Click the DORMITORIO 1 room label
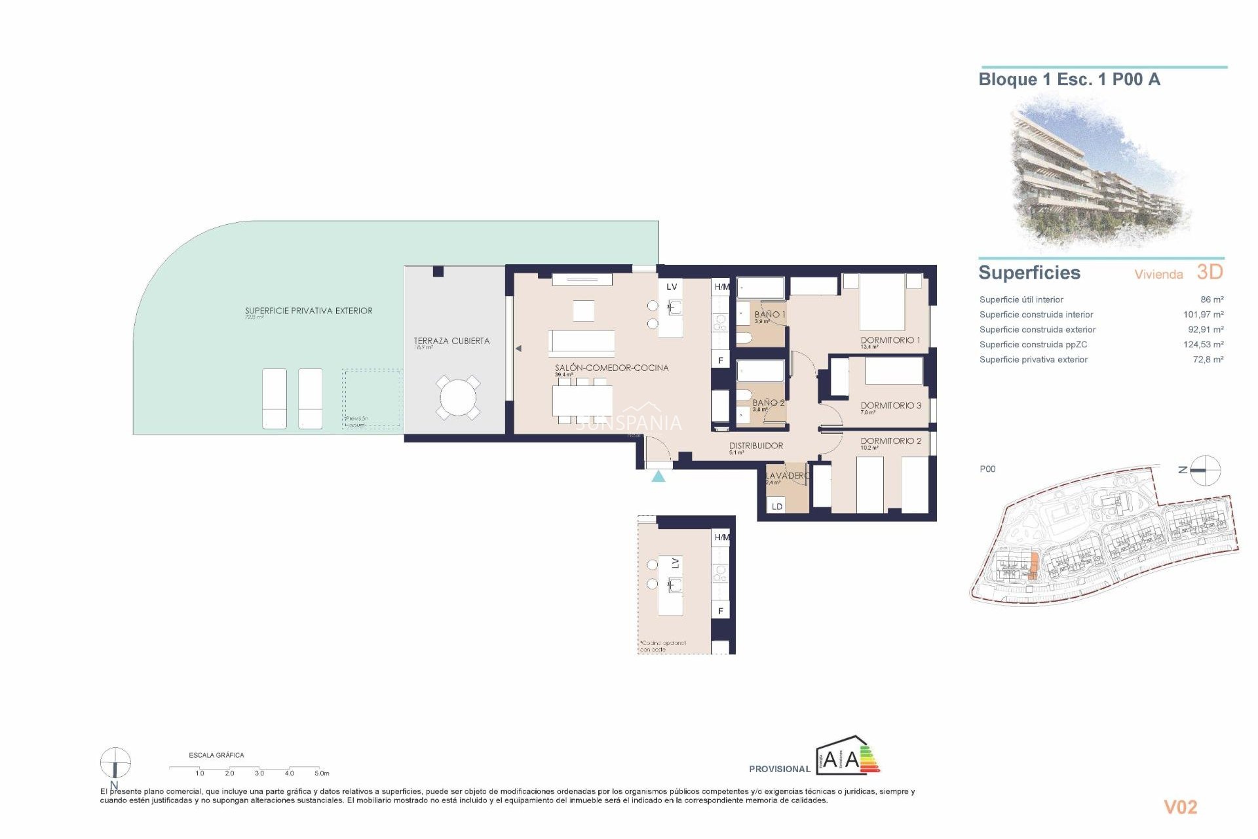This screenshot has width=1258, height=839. pos(890,340)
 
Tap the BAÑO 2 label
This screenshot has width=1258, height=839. pos(768,402)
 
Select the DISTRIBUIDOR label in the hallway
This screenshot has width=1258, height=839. pos(755,446)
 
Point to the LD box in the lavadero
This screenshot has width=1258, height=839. pos(776,506)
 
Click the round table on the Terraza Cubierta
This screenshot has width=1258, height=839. pos(458,397)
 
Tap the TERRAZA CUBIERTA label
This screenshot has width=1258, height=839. pos(451,341)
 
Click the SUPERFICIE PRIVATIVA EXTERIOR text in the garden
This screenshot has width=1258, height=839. pos(309,311)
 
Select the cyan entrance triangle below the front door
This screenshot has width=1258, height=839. pos(658,477)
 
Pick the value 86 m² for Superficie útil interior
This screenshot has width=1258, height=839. pos(1211,300)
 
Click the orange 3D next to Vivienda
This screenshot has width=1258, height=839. pos(1210,272)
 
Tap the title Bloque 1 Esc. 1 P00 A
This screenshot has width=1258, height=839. pos(1069,80)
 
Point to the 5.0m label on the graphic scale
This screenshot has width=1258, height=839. pos(321,773)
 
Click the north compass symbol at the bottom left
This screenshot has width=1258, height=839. pos(115,763)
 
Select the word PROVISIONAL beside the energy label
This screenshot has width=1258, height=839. pos(779,769)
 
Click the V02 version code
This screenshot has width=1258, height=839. pos(1180,808)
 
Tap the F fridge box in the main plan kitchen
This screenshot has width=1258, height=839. pos(720,361)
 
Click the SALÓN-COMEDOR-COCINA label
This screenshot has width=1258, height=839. pos(611,368)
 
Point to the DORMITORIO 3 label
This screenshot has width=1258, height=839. pos(890,406)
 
